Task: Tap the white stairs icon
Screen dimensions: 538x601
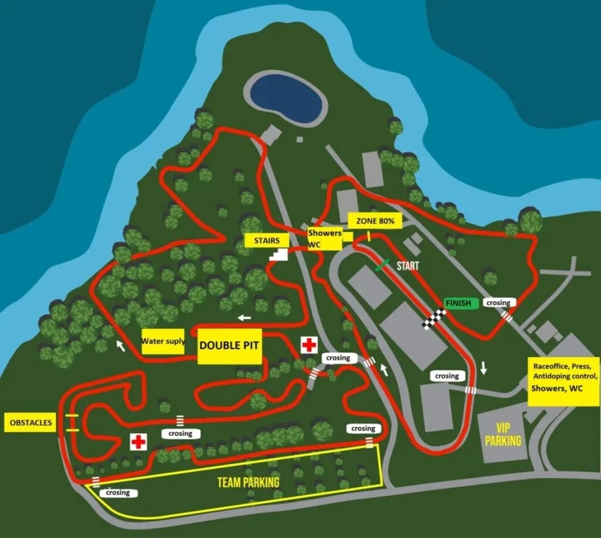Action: click(x=278, y=254)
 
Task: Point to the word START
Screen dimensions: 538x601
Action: click(x=408, y=266)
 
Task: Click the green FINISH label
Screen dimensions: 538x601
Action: click(x=461, y=303)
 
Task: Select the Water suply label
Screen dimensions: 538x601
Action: click(x=163, y=342)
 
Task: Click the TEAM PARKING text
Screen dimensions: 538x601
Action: click(x=248, y=482)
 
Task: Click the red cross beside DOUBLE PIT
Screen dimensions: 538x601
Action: click(x=309, y=346)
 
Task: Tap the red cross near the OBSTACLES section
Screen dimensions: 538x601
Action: click(x=138, y=442)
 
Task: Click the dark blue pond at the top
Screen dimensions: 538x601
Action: click(x=286, y=98)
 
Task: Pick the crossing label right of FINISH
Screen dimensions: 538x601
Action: click(x=498, y=303)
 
